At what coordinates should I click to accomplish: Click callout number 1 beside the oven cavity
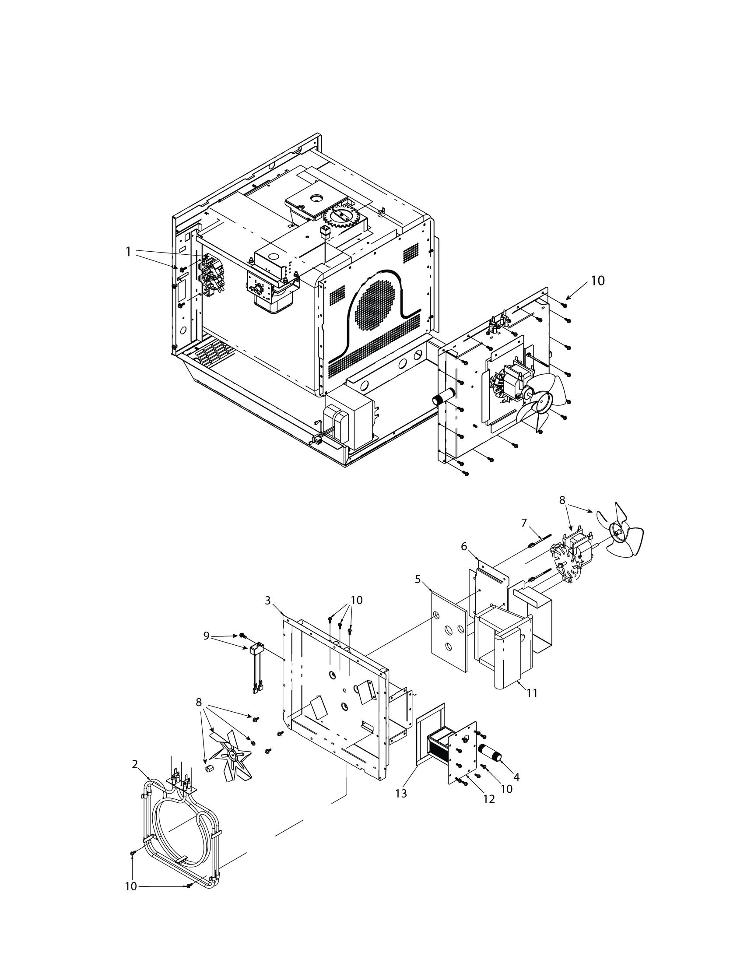pos(128,252)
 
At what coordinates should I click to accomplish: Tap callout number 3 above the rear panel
pos(268,600)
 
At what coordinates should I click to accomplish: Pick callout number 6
pos(464,546)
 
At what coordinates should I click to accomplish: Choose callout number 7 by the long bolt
pos(524,523)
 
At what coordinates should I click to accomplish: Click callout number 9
pos(206,636)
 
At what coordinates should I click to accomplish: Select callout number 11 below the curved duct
pos(533,693)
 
